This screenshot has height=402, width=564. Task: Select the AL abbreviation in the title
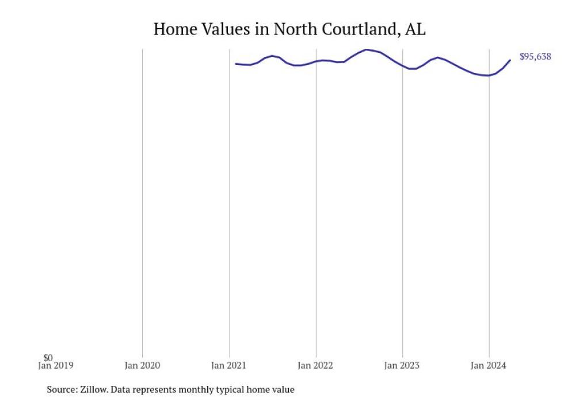[x=416, y=29]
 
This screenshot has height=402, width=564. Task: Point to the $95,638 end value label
[x=535, y=56]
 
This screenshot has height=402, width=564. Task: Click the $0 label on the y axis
[x=48, y=358]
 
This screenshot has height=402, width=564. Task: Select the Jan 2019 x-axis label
[x=56, y=365]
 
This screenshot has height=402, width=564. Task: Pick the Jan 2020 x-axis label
[x=142, y=365]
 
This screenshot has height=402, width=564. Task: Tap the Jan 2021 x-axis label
[x=229, y=365]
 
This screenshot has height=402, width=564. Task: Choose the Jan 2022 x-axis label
[x=316, y=365]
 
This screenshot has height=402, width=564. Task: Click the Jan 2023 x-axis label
[x=402, y=365]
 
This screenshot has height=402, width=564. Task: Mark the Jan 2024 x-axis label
[x=489, y=365]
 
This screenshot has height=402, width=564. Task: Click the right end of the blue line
[x=510, y=60]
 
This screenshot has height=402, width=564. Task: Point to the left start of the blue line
[x=236, y=64]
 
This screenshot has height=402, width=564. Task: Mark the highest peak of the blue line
[x=367, y=49]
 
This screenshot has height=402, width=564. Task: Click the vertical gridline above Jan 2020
[x=142, y=201]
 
